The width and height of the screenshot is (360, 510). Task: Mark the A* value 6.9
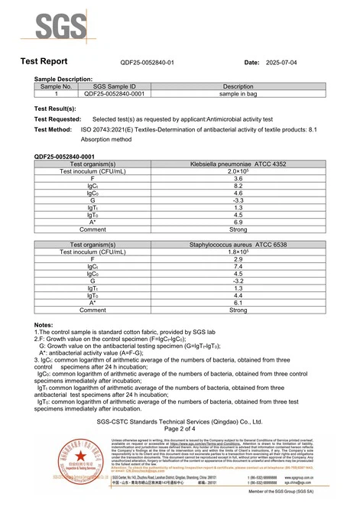click(238, 222)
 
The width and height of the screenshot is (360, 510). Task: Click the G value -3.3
click(238, 200)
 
